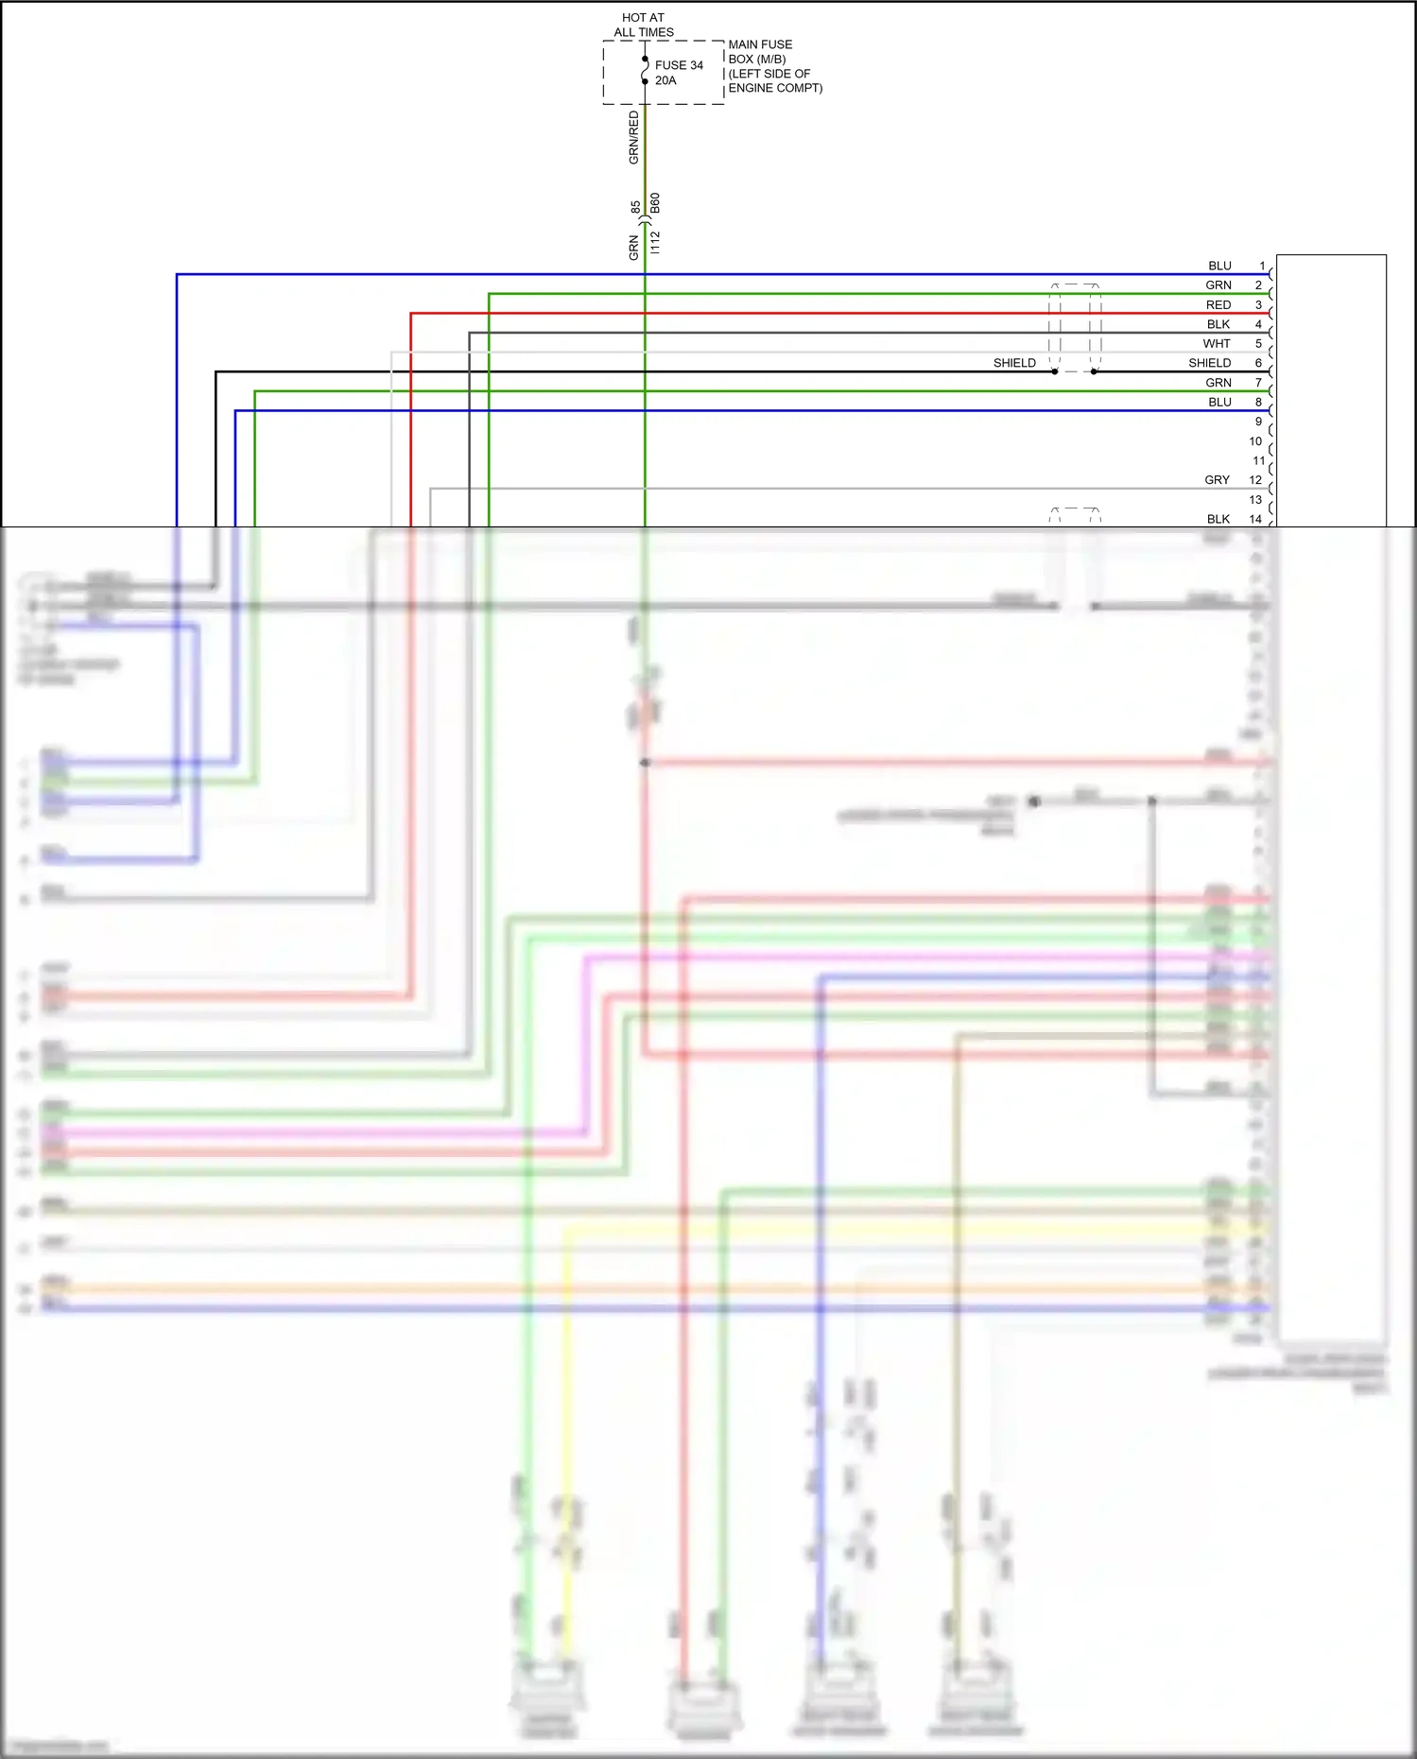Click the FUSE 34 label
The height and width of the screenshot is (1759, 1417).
679,65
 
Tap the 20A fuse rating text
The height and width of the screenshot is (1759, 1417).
665,80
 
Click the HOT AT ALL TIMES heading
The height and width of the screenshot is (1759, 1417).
643,25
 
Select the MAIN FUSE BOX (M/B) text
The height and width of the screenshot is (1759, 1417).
760,51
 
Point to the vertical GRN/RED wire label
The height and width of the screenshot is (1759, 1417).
633,138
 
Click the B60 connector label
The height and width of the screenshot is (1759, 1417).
655,203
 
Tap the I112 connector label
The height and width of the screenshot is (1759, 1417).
655,242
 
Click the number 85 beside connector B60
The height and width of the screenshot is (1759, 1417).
635,206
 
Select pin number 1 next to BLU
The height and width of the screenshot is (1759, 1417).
1262,266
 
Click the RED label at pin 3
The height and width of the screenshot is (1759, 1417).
1218,304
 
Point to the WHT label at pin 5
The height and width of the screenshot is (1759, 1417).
1217,343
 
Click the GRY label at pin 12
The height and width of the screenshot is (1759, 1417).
1217,480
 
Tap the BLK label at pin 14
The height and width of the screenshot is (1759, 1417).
1218,519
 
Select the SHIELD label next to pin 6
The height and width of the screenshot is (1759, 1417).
1209,363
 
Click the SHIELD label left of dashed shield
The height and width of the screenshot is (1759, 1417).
1014,363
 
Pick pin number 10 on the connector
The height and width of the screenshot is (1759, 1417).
1255,441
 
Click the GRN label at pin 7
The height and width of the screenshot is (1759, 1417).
1218,383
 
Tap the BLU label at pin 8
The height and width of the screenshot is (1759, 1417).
1219,402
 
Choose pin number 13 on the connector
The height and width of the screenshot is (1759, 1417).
1255,500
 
